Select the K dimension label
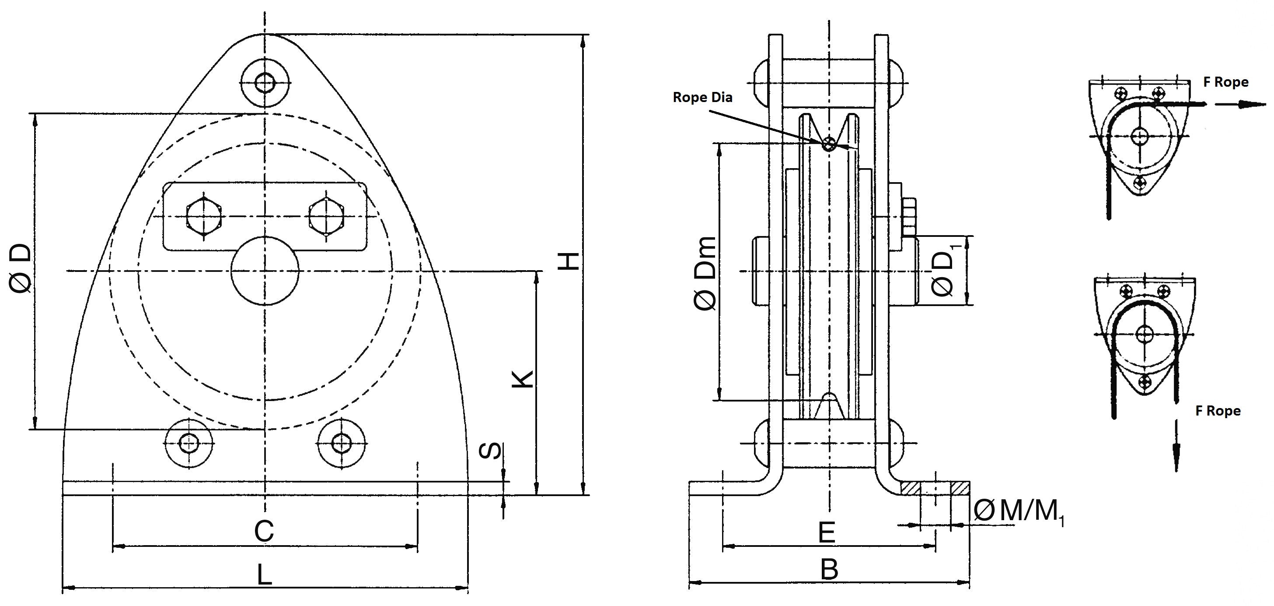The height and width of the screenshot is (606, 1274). (x=522, y=378)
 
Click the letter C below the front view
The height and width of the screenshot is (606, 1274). (x=264, y=531)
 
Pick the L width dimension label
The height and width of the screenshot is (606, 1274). (x=265, y=575)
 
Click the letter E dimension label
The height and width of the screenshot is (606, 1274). (x=827, y=533)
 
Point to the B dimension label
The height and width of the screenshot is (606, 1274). (x=829, y=570)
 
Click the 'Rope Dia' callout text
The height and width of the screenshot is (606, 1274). (x=702, y=98)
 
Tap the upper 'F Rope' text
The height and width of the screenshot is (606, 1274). (x=1225, y=82)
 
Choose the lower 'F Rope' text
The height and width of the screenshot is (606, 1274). (x=1218, y=411)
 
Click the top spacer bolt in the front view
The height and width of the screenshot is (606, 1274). (x=265, y=82)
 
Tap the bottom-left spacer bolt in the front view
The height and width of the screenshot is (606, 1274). (x=189, y=442)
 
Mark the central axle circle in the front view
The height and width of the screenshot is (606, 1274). (x=265, y=271)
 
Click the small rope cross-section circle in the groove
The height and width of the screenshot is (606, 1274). (x=829, y=144)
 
